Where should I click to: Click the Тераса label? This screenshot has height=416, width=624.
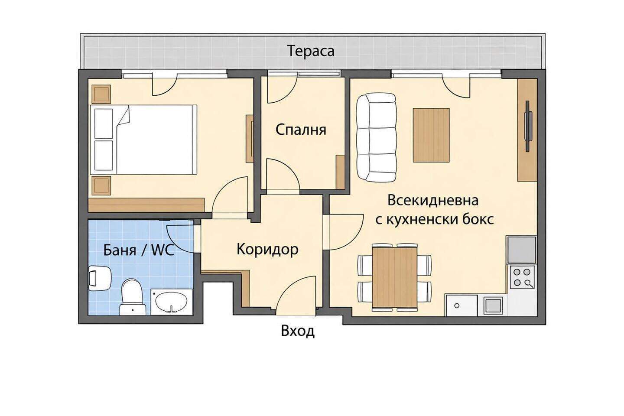pos(311,51)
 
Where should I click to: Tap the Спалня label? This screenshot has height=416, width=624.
pos(301,130)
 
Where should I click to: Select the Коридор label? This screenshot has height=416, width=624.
pos(267,249)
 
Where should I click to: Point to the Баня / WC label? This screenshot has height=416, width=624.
pos(139,250)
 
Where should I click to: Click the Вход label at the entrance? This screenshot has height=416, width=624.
pos(298,331)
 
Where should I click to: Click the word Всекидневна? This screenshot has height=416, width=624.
pos(433,201)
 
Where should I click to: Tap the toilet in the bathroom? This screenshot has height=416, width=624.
pos(132,296)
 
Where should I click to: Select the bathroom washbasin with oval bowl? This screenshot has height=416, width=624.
pos(172,302)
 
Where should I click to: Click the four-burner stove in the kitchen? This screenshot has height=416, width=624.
pos(522,277)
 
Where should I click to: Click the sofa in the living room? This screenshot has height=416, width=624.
pos(376,138)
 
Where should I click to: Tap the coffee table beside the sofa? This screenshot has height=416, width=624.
pos(431,135)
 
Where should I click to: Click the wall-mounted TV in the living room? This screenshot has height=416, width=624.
pos(528,127)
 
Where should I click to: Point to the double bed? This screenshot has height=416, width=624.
pos(143,140)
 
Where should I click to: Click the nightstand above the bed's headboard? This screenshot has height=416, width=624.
pos(102,94)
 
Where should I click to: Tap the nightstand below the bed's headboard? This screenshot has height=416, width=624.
pos(102,185)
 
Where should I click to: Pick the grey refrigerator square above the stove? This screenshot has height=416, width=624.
pos(522,250)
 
